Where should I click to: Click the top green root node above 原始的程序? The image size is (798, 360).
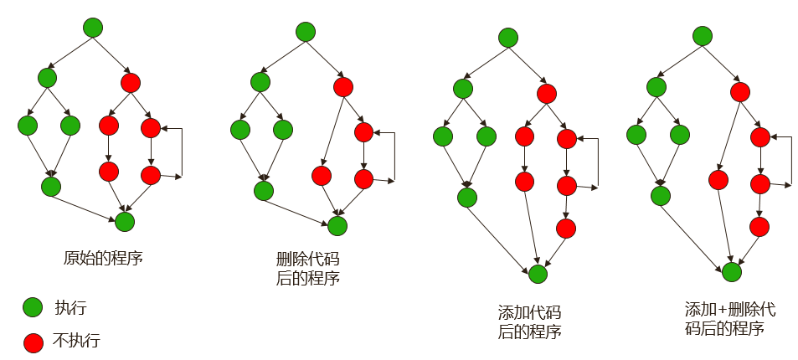click(93, 28)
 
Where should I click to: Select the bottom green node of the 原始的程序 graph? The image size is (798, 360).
click(124, 221)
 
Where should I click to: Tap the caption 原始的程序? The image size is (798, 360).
click(104, 258)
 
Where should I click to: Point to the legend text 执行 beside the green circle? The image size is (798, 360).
click(70, 307)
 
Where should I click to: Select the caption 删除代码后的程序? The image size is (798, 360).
click(307, 269)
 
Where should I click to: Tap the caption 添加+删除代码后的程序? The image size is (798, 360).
click(724, 319)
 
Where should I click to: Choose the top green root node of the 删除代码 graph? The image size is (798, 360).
click(306, 32)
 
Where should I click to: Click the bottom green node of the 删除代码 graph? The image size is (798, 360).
click(337, 225)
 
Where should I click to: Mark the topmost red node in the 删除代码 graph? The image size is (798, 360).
click(342, 87)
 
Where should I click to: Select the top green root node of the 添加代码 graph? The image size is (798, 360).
click(507, 38)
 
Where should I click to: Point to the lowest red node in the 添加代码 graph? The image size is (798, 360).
click(566, 228)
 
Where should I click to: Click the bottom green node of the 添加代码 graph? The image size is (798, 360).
click(538, 273)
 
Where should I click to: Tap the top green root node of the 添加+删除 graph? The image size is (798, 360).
click(703, 36)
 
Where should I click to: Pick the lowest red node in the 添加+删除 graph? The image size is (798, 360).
click(759, 226)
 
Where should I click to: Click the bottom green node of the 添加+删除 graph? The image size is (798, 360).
click(732, 271)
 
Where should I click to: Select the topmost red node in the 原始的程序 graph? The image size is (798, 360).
click(130, 83)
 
